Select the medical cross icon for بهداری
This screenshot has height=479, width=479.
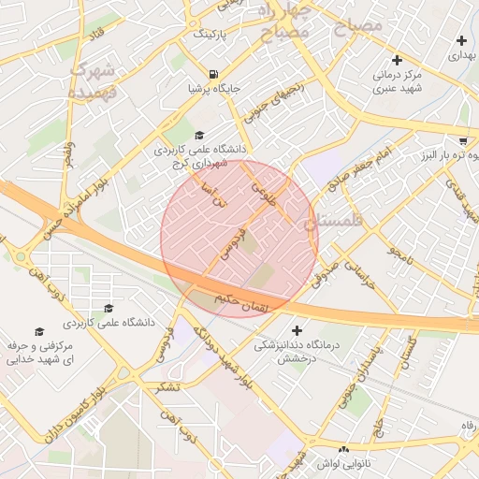point(460,40)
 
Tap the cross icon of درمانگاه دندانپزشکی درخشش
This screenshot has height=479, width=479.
point(298,330)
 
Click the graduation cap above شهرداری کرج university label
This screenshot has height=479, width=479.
point(198,135)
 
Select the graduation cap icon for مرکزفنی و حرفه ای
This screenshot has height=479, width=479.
point(38,332)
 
